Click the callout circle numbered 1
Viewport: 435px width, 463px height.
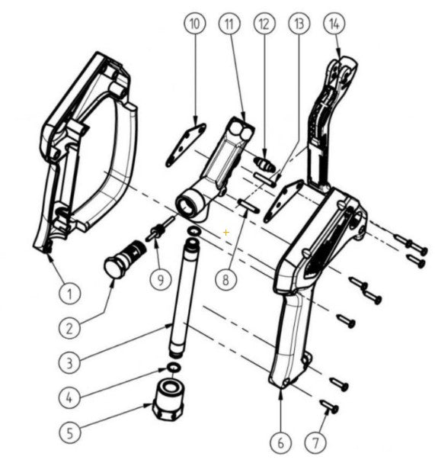pos(69,292)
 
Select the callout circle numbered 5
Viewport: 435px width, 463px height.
pos(69,432)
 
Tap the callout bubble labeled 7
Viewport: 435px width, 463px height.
pos(315,442)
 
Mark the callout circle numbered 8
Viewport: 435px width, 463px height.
pos(225,279)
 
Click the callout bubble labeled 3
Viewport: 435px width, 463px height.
pos(69,362)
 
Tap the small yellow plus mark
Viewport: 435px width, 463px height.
pos(225,230)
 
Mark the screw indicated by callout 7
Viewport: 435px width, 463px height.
pos(328,406)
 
